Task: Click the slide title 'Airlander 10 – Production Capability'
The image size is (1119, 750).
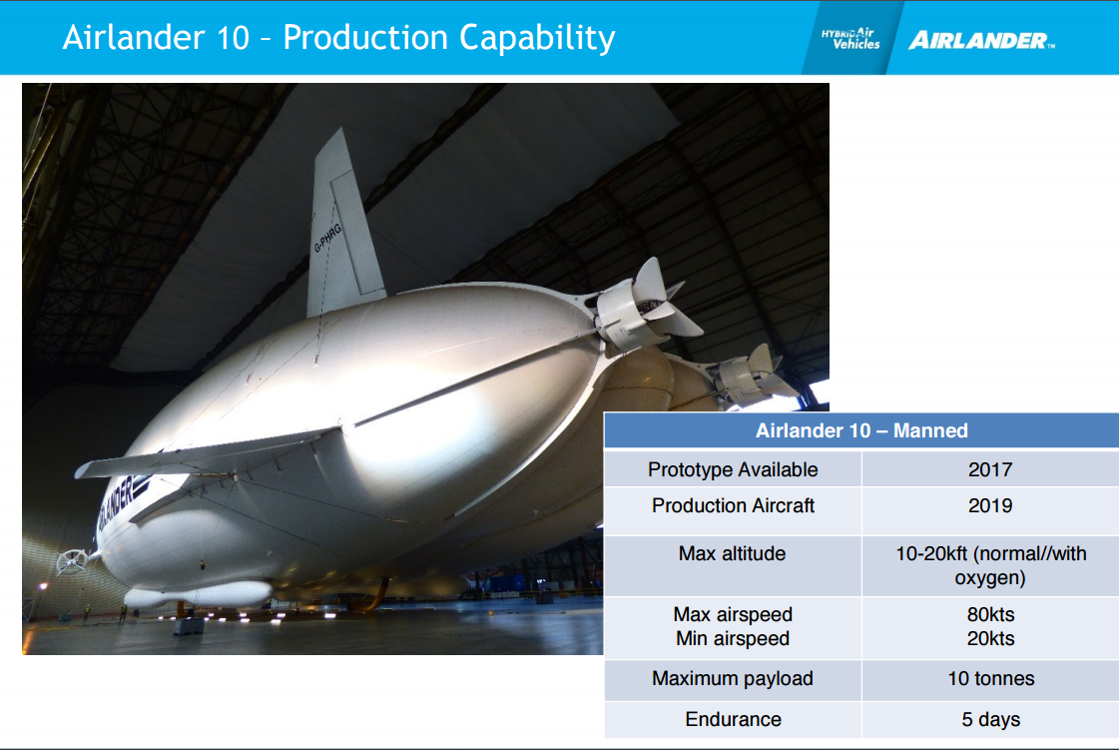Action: [339, 38]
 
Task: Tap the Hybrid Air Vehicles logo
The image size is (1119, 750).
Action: [849, 39]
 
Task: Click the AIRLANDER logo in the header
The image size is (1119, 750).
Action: [981, 41]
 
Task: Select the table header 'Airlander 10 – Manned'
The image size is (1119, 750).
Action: [861, 430]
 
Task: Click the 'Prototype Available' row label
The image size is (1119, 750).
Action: [733, 469]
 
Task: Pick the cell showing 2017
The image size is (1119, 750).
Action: [990, 469]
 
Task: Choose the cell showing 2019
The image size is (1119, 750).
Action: [990, 505]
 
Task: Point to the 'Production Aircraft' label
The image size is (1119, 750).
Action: [733, 505]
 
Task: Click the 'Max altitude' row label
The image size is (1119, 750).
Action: [733, 553]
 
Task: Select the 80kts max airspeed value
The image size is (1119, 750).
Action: [990, 614]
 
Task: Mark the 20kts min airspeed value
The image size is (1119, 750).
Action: [990, 638]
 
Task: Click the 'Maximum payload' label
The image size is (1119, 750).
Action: [733, 678]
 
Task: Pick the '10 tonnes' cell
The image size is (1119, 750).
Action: [990, 678]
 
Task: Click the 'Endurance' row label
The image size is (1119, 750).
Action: [733, 719]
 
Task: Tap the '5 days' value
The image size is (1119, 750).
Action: [990, 719]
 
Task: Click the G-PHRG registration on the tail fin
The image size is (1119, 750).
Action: [327, 238]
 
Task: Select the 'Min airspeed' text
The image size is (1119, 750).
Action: [733, 638]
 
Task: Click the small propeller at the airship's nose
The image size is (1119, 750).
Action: [71, 561]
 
